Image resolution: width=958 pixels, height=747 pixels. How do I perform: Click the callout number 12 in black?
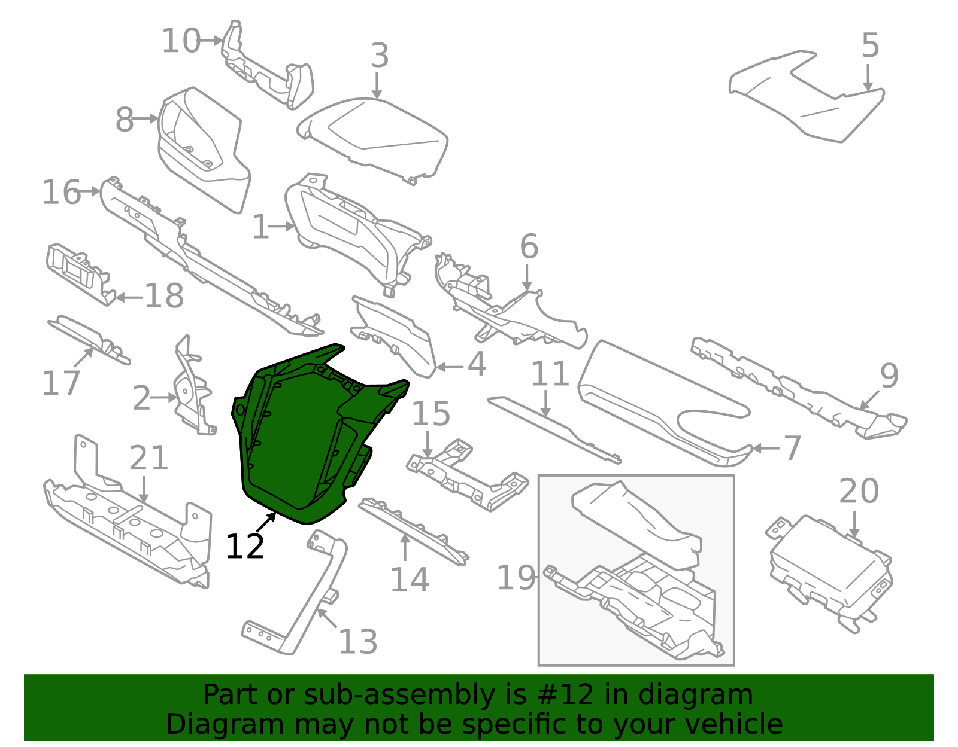[245, 546]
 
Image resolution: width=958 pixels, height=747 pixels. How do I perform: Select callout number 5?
[870, 45]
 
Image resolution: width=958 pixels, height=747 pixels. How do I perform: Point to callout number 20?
[859, 491]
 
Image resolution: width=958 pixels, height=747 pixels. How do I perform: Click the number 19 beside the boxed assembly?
[516, 578]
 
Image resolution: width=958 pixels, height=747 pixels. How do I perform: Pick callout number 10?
[181, 41]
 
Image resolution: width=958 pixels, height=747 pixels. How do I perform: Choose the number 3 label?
[380, 56]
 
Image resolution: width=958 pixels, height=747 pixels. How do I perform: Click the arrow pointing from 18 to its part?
[129, 298]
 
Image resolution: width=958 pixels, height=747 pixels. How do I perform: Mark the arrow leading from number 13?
[327, 618]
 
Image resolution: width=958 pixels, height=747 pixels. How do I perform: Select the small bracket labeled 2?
[194, 392]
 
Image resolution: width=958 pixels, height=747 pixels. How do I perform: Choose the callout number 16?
[62, 193]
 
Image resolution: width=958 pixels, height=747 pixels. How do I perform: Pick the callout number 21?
[148, 458]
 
